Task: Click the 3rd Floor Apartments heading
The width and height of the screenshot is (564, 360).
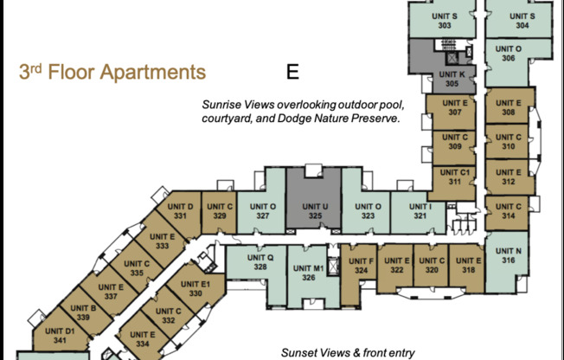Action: (112, 72)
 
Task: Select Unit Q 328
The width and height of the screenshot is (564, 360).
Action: (260, 263)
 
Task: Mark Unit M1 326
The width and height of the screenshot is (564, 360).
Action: (312, 273)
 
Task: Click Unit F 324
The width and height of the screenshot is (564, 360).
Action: (362, 266)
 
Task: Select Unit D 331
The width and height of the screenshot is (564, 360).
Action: (178, 211)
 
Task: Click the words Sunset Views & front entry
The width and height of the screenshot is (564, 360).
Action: (348, 352)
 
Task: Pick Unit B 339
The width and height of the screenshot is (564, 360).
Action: (83, 313)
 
